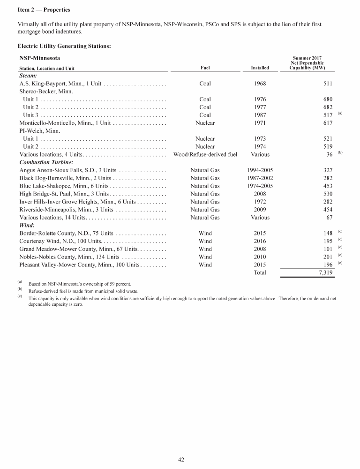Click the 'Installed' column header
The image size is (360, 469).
pyautogui.click(x=260, y=68)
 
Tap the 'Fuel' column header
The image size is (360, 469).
pyautogui.click(x=205, y=68)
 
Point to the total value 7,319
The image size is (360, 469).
pyautogui.click(x=323, y=272)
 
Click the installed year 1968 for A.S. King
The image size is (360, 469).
pyautogui.click(x=260, y=83)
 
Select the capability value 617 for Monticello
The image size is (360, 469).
pyautogui.click(x=328, y=123)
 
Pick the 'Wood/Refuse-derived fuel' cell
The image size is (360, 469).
pyautogui.click(x=205, y=154)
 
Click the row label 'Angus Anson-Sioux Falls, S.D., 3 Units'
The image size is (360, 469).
pyautogui.click(x=69, y=170)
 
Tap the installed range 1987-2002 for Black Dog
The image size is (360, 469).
pyautogui.click(x=260, y=178)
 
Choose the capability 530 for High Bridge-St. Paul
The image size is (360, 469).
pyautogui.click(x=328, y=194)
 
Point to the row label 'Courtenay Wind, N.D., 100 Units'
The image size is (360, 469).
pyautogui.click(x=60, y=241)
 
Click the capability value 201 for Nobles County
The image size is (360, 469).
pyautogui.click(x=328, y=257)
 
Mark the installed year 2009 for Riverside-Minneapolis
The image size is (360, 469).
pyautogui.click(x=260, y=210)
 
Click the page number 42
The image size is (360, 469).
pyautogui.click(x=181, y=460)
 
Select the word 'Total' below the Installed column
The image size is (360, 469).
pyautogui.click(x=260, y=272)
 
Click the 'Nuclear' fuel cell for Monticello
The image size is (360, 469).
pyautogui.click(x=205, y=123)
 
